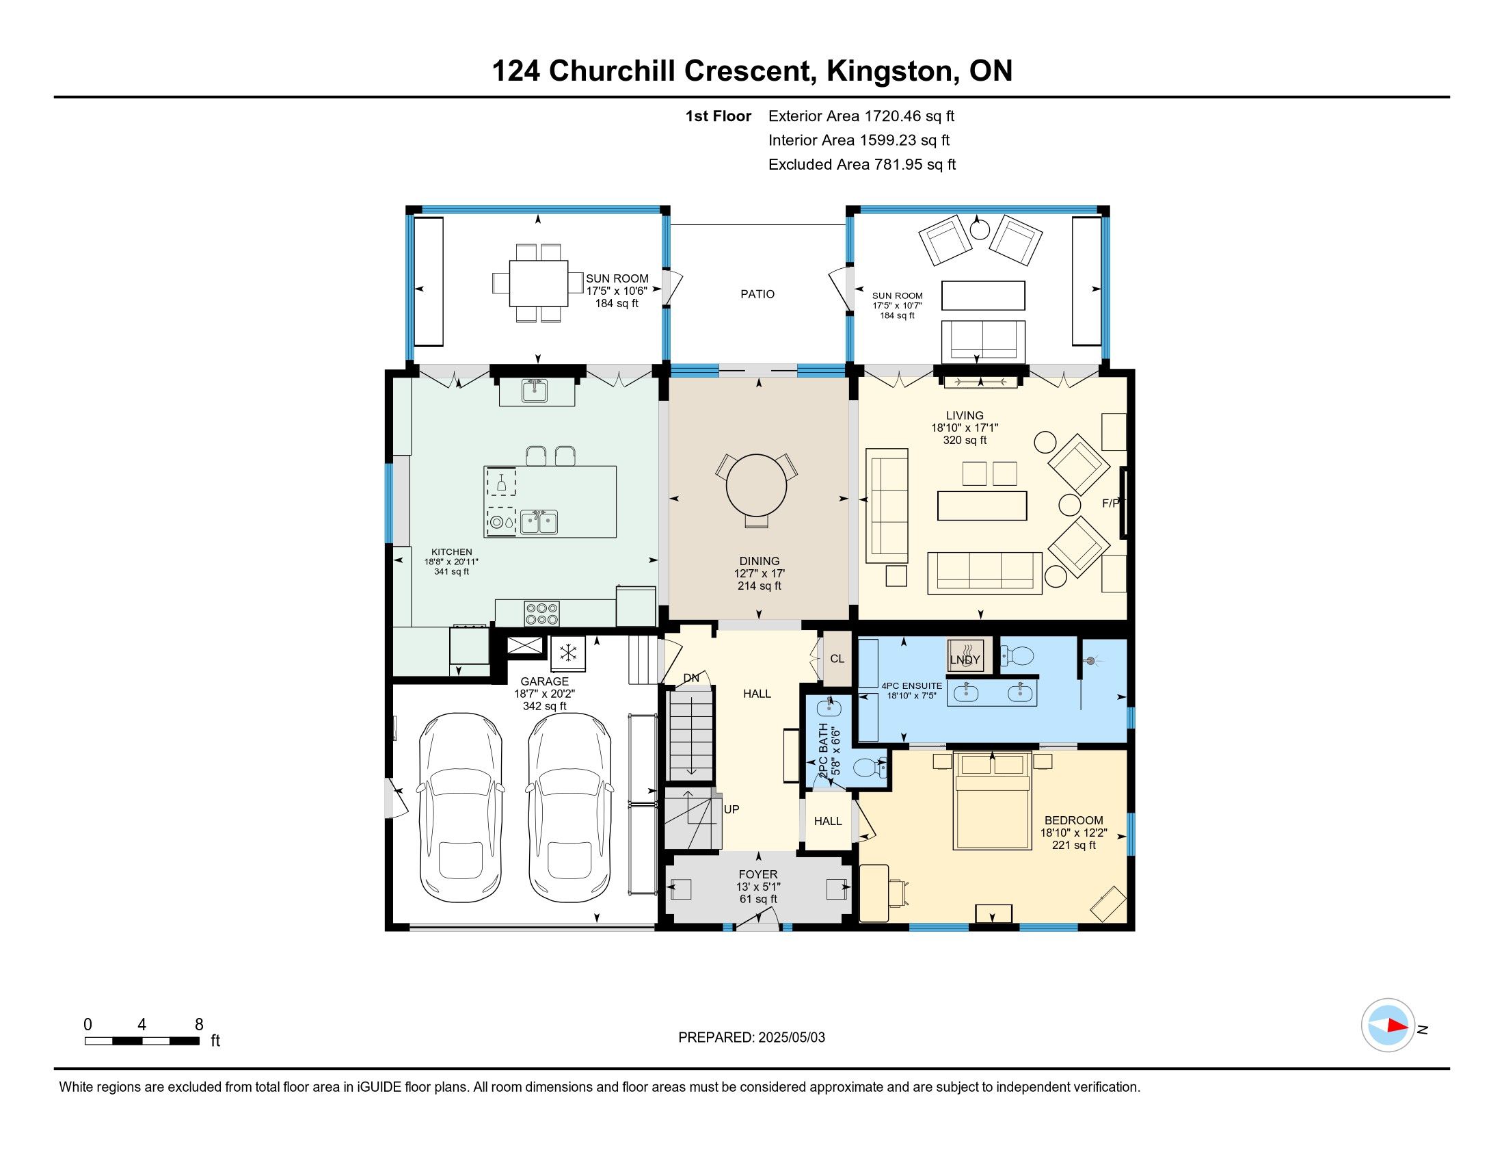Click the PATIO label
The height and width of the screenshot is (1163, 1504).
757,294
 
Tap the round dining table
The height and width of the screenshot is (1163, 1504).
756,485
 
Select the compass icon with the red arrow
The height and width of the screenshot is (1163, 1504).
1388,1025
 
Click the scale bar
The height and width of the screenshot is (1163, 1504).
143,1041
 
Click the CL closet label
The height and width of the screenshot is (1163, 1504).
837,659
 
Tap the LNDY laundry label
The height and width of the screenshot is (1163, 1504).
965,659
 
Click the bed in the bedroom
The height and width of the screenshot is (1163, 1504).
992,801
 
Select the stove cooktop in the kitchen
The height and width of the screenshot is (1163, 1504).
542,613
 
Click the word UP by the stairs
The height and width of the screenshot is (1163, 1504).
731,809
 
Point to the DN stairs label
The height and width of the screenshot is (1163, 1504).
691,678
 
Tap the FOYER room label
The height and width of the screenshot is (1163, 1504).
758,874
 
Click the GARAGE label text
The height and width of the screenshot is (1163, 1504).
545,681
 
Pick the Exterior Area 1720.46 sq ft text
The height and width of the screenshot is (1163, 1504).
861,116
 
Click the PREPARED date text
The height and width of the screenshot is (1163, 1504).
751,1037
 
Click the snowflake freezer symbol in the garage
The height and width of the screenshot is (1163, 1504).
568,653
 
